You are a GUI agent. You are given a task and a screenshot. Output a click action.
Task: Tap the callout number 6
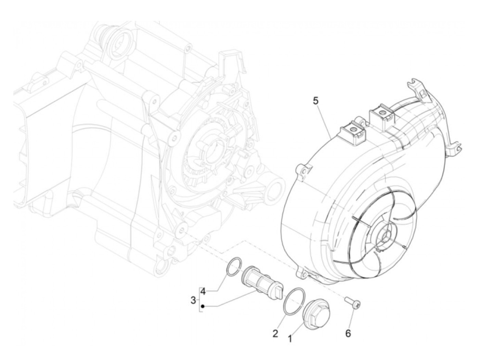(x=348, y=333)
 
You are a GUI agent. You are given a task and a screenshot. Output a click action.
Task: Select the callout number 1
(x=290, y=339)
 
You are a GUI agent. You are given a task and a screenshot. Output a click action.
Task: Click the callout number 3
(x=193, y=300)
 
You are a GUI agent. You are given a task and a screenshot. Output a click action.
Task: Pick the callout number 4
(x=203, y=292)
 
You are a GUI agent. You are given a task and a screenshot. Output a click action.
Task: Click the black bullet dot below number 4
(x=203, y=306)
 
